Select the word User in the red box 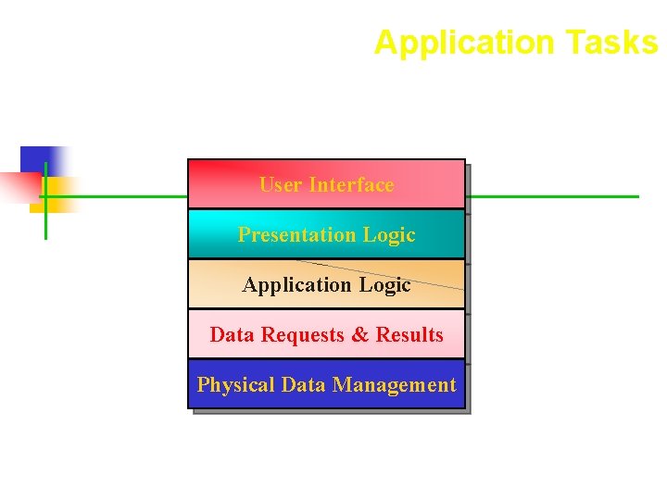point(281,185)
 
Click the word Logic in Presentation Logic point(389,235)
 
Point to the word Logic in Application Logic point(384,285)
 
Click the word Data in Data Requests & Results point(233,335)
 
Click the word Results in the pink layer point(409,335)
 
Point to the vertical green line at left point(45,222)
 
